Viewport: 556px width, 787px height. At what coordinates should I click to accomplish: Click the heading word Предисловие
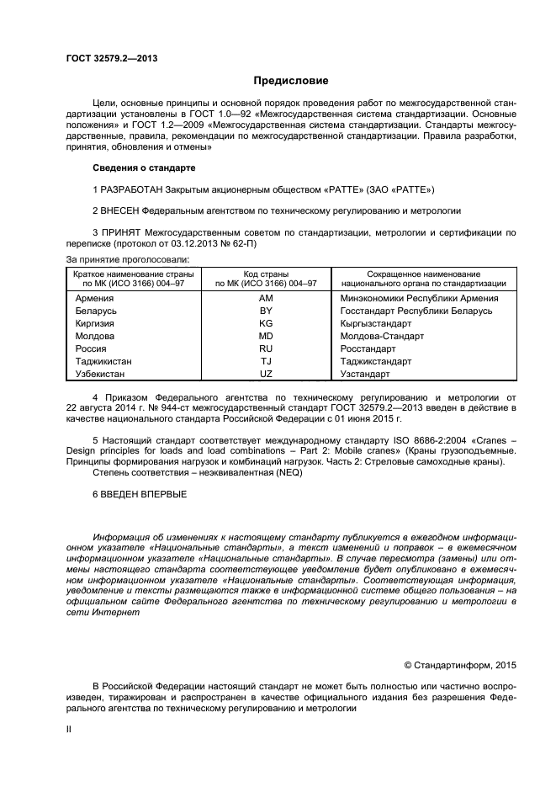[291, 81]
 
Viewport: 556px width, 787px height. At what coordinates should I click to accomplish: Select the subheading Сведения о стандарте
[143, 168]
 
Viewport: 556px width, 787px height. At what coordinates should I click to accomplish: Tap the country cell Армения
[95, 298]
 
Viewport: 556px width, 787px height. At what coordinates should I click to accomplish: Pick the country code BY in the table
[266, 311]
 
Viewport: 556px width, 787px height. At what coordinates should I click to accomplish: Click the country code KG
[266, 323]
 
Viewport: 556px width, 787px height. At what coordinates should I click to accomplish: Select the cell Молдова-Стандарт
[382, 336]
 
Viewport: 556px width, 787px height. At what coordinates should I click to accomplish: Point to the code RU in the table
[266, 348]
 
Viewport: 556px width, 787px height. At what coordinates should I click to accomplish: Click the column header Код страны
[266, 274]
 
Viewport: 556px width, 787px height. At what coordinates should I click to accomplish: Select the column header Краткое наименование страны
[133, 274]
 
